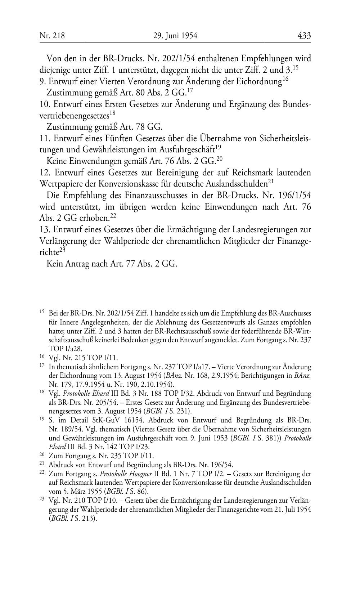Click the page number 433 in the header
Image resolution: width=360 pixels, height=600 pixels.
point(304,35)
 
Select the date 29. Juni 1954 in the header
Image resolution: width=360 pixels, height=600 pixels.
point(175,36)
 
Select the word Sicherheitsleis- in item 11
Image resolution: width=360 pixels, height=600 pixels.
point(285,138)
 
